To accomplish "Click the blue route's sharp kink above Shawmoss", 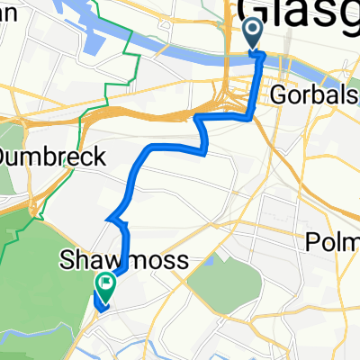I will click(109, 218).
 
